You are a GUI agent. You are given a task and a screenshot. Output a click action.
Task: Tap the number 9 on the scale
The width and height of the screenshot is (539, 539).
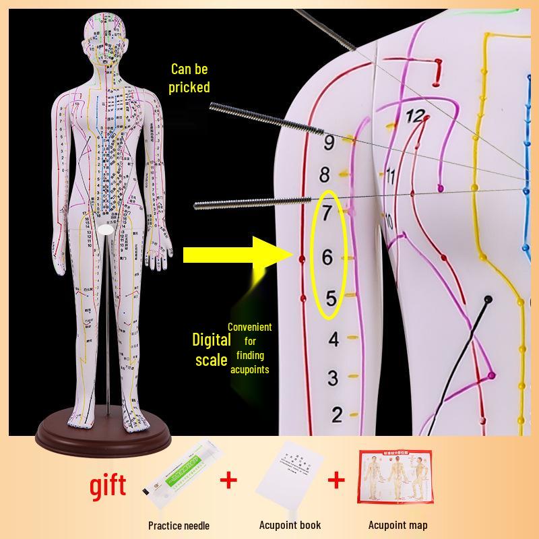click(x=329, y=143)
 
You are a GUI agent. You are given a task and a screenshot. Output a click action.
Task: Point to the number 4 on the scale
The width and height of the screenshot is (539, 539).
click(x=333, y=340)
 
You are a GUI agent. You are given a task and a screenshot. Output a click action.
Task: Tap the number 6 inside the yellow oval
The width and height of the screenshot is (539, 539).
click(x=327, y=257)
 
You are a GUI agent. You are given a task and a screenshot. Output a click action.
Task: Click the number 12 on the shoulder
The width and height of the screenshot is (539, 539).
click(x=416, y=117)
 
